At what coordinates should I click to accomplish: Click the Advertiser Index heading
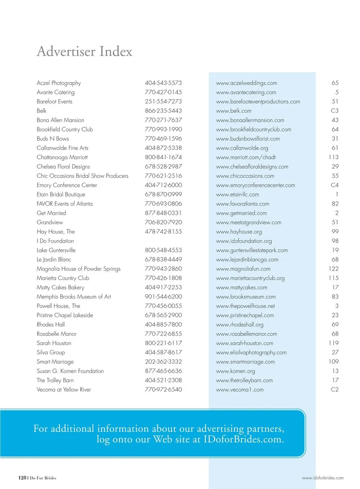84,52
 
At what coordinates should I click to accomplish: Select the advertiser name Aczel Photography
59,83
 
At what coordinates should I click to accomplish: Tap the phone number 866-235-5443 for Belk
163,111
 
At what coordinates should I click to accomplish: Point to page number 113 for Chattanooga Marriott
333,157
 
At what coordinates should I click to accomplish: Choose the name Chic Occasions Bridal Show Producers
82,176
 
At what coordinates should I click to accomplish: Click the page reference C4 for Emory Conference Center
334,185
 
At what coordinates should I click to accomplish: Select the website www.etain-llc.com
237,194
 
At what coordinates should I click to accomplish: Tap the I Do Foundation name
55,241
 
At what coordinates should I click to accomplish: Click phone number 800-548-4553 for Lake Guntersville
163,250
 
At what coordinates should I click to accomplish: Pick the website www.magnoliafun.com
243,269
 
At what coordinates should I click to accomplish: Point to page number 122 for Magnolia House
333,269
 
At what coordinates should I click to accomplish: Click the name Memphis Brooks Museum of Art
74,296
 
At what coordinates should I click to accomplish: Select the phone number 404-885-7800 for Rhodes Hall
163,325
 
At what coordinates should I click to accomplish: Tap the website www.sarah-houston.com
244,343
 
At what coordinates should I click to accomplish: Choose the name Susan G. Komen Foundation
70,371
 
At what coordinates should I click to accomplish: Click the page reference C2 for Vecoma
334,390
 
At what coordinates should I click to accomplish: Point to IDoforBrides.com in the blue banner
243,439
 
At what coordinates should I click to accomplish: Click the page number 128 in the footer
22,478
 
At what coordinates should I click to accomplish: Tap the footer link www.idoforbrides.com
322,478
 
